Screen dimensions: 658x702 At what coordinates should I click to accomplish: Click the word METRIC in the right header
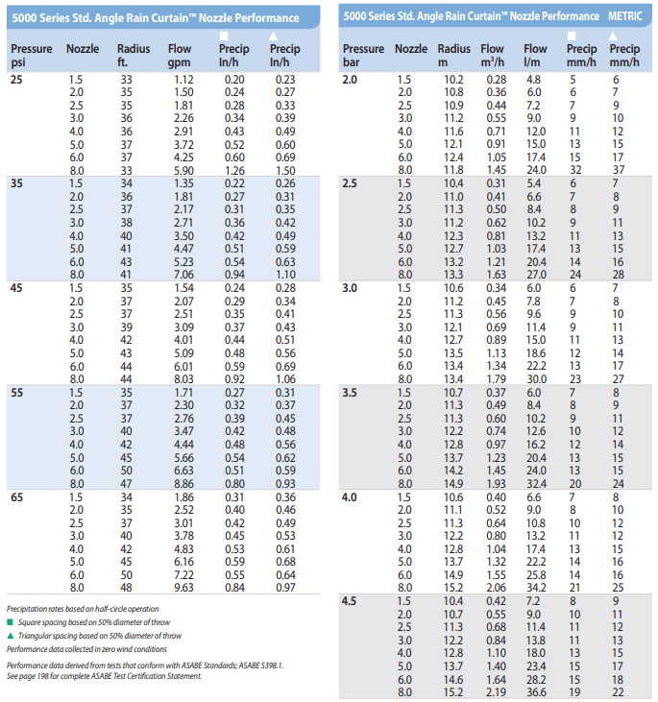(624, 16)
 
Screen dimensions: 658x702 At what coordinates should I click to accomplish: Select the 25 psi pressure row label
(16, 80)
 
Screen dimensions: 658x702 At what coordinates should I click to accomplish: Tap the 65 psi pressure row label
(16, 497)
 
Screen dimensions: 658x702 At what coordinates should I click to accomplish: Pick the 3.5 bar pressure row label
(350, 393)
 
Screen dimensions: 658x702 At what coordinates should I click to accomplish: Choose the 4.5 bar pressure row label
(350, 601)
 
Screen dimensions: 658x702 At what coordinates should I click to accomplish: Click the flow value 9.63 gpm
(183, 588)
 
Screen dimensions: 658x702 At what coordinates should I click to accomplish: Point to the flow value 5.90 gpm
(183, 171)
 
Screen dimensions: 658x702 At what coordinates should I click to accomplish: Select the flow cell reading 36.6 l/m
(536, 692)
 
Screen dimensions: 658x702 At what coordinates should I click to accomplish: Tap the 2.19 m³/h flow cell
(497, 692)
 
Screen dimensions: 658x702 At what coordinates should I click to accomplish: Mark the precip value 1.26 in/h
(234, 171)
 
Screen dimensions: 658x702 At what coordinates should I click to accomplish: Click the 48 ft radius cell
(126, 588)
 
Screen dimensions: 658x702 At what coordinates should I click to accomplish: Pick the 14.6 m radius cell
(453, 680)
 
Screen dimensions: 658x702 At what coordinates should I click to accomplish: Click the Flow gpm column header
(180, 55)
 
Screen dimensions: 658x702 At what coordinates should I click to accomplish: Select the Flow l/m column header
(535, 55)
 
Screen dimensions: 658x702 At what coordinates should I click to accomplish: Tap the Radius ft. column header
(134, 55)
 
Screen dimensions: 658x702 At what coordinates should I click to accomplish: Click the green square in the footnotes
(11, 622)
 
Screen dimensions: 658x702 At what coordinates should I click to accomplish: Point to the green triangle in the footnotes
(11, 636)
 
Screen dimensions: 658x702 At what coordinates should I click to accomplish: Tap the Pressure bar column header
(363, 55)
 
